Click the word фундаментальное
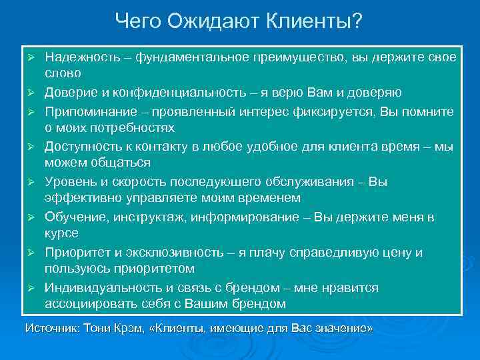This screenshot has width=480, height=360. click(188, 57)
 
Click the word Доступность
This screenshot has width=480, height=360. click(83, 145)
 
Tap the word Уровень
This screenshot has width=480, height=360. click(69, 181)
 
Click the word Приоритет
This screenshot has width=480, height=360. click(75, 252)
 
